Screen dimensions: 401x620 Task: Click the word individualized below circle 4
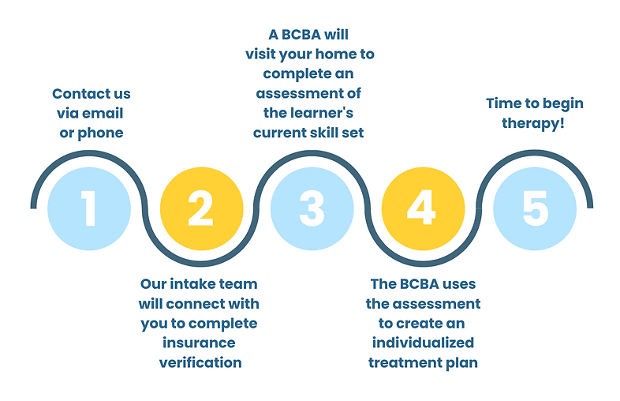(x=423, y=343)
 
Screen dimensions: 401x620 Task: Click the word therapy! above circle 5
(x=535, y=123)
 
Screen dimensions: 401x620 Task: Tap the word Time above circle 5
(x=503, y=103)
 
